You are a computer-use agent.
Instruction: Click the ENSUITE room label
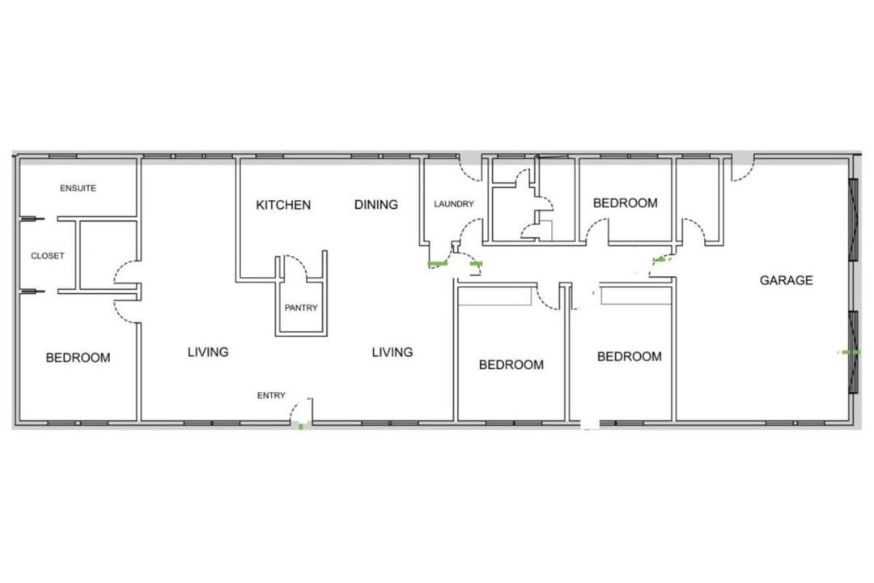coord(78,189)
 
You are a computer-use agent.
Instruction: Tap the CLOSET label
coord(48,256)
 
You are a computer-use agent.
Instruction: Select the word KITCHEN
coord(283,205)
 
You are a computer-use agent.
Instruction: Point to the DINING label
coord(376,205)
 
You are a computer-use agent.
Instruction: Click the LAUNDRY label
coord(454,204)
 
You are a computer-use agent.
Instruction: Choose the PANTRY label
coord(301,308)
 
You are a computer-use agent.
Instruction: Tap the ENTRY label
coord(271,395)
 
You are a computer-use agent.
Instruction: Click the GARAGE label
coord(786,280)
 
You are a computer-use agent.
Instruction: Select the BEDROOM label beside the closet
coord(78,358)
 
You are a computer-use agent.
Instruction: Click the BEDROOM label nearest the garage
coord(630,356)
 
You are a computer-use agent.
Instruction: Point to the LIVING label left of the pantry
coord(208,352)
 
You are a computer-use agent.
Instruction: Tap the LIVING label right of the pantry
coord(392,352)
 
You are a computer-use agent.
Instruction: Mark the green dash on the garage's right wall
coord(849,352)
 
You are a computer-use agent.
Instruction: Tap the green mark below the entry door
coord(301,427)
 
